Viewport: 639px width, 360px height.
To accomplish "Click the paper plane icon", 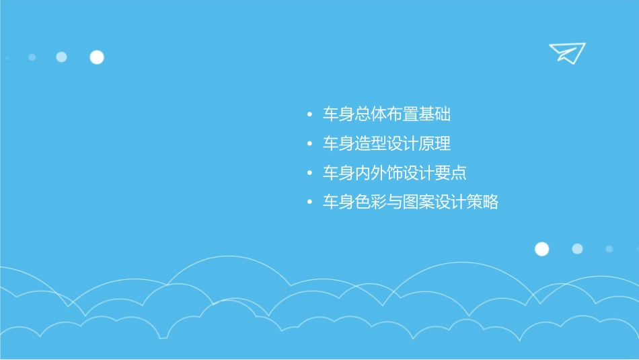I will pyautogui.click(x=566, y=52).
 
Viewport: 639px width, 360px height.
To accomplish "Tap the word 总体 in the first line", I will pyautogui.click(x=371, y=114).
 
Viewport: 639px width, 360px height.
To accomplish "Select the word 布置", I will pyautogui.click(x=402, y=114).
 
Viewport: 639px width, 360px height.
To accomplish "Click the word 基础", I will pyautogui.click(x=435, y=114).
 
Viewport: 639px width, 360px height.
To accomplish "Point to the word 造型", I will pyautogui.click(x=371, y=144).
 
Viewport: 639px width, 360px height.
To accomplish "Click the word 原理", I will pyautogui.click(x=435, y=144).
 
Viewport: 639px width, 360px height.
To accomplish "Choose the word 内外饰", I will pyautogui.click(x=379, y=173).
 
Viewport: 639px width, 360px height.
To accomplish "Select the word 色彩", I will pyautogui.click(x=371, y=202).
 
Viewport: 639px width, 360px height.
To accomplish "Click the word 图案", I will pyautogui.click(x=418, y=202).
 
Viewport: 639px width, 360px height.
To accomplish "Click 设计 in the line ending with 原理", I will pyautogui.click(x=402, y=144).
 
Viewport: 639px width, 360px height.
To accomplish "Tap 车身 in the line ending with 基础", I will pyautogui.click(x=338, y=114).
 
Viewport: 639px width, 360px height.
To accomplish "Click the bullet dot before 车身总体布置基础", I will pyautogui.click(x=309, y=115).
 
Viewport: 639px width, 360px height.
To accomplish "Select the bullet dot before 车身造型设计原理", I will pyautogui.click(x=309, y=145).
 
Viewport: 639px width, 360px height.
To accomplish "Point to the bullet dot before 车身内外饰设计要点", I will pyautogui.click(x=309, y=174).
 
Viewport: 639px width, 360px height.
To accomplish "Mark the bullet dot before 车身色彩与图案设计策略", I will pyautogui.click(x=309, y=203).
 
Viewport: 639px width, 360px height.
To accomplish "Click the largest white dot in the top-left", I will pyautogui.click(x=97, y=57).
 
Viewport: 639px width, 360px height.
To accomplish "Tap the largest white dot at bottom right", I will pyautogui.click(x=541, y=249).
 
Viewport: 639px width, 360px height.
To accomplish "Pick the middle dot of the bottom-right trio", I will pyautogui.click(x=577, y=249).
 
